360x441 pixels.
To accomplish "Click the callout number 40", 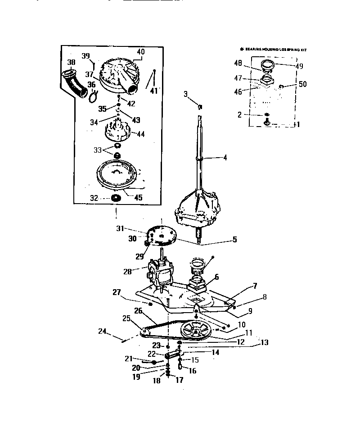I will click(x=141, y=52).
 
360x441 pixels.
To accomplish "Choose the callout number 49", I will click(x=299, y=66).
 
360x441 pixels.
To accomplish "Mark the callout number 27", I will click(x=117, y=292).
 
